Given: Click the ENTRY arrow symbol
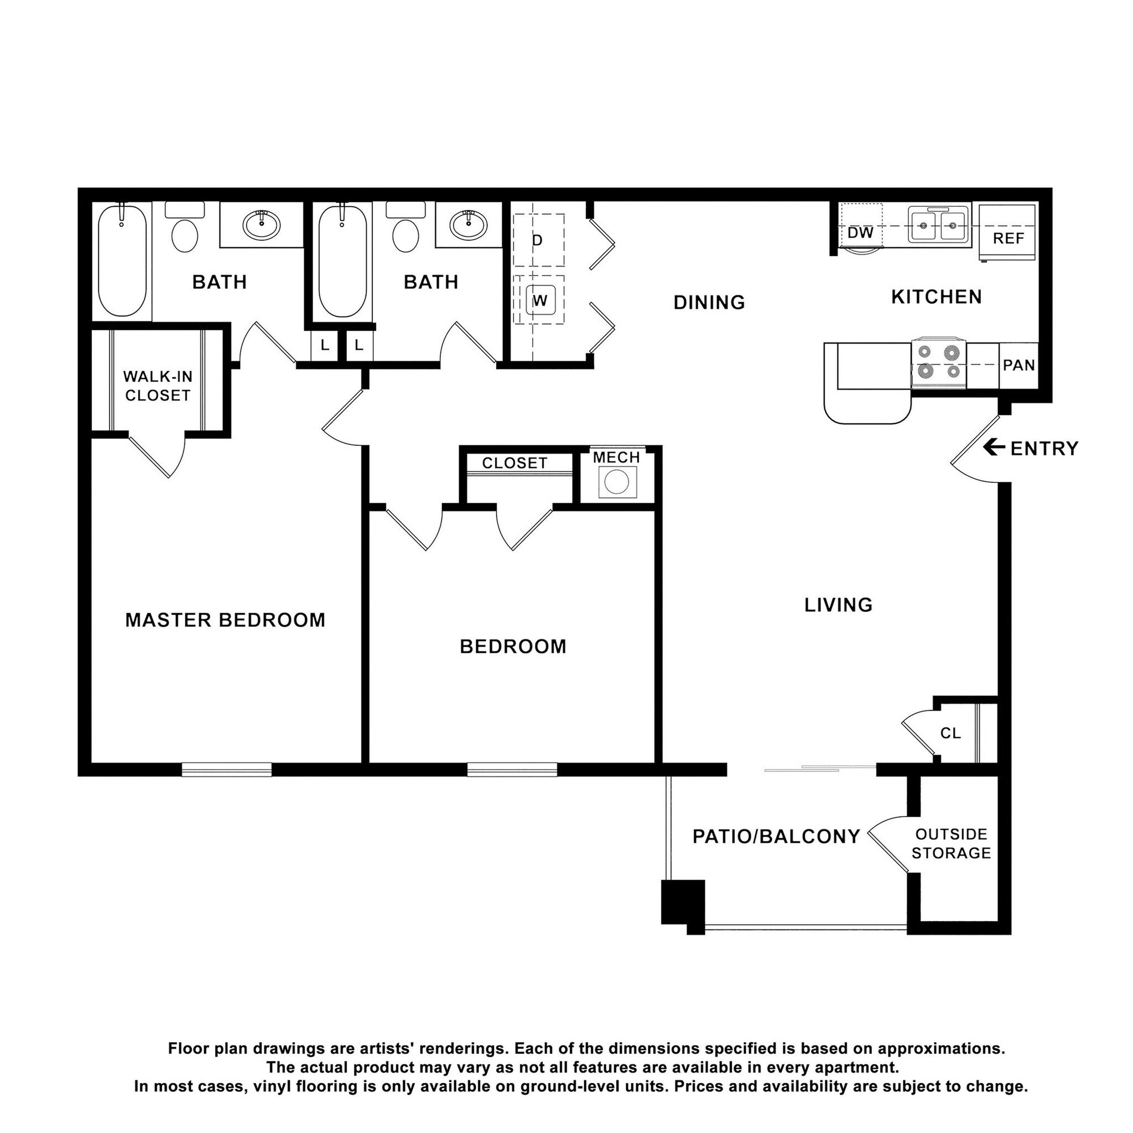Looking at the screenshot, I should [x=994, y=448].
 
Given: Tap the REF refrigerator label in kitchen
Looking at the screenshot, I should [x=1008, y=238].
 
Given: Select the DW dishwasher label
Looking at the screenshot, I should [x=860, y=233].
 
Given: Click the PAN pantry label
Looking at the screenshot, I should [x=1018, y=365].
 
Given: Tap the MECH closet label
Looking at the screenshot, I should [x=616, y=458].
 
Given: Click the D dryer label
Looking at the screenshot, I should [x=537, y=241].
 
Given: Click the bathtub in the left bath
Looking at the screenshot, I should [x=122, y=261].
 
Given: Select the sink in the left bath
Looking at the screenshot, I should [x=262, y=224].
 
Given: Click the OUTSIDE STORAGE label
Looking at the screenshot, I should [x=950, y=843].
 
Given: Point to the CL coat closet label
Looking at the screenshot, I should [x=950, y=733].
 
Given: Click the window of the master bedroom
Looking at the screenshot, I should [x=226, y=769].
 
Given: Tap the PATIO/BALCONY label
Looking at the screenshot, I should [x=776, y=836].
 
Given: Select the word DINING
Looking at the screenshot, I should [x=709, y=302].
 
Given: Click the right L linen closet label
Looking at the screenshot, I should [x=359, y=345].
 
